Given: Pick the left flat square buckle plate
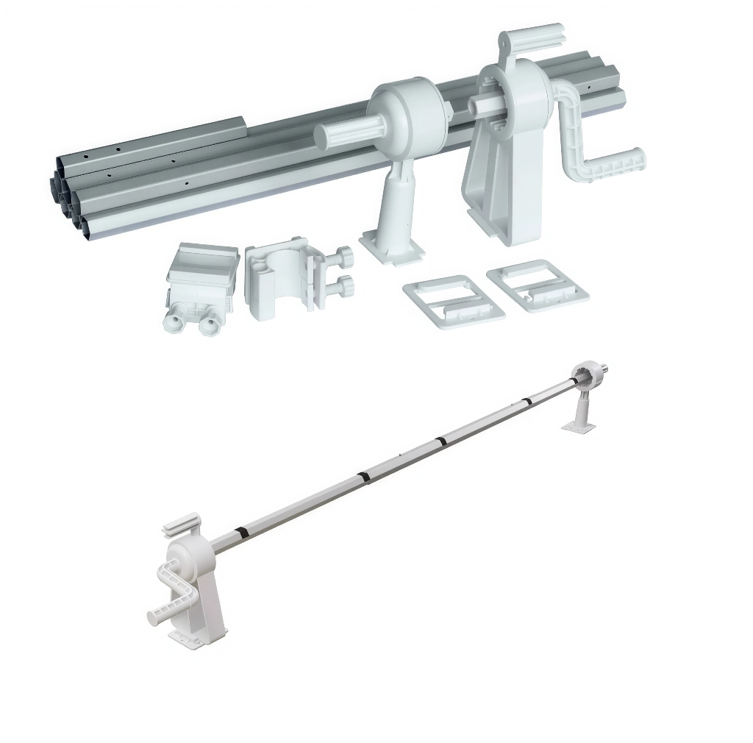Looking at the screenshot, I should click(x=453, y=301).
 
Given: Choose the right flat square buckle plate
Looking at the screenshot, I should click(x=538, y=285).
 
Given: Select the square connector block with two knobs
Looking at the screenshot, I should click(x=203, y=280).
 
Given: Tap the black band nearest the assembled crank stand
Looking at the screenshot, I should click(x=241, y=531).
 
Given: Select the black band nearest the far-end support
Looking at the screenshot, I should click(x=527, y=401).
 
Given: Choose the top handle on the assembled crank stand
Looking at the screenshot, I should click(x=179, y=525).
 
